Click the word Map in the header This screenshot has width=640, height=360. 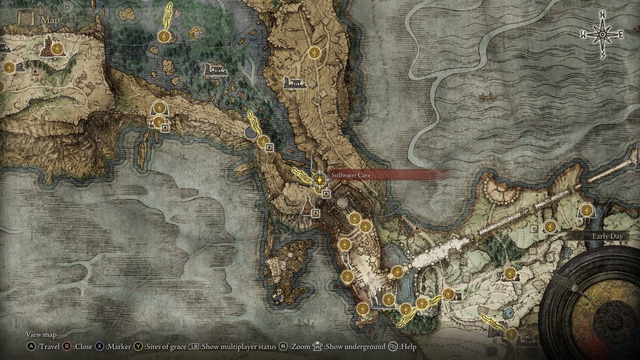51,20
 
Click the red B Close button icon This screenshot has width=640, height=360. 67,347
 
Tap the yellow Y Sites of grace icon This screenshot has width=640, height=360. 139,347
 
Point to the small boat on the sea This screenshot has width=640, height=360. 485,97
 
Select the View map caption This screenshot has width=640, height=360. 41,334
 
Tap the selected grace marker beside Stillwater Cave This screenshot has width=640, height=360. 319,180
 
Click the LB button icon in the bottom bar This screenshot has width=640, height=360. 194,347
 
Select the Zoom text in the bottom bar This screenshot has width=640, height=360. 300,347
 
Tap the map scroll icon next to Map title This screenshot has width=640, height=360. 26,19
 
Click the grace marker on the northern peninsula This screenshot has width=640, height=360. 314,52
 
